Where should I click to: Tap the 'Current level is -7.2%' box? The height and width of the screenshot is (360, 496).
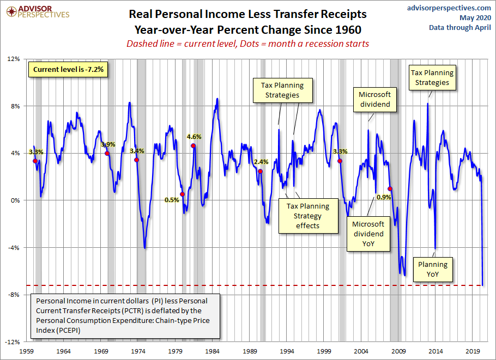pos(68,70)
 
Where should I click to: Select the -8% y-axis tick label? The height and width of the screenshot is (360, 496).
pos(13,295)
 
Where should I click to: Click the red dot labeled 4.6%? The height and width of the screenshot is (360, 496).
pos(193,146)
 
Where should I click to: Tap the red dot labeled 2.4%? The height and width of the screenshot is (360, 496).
pos(260,172)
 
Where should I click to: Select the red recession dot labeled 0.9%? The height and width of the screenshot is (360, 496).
pos(390,188)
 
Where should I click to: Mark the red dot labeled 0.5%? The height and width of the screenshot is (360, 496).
pos(183,194)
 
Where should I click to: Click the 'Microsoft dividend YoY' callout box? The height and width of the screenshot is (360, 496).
pos(368,234)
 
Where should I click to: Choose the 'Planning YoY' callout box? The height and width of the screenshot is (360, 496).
pos(433,270)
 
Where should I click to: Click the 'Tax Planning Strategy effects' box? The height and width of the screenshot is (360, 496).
pos(308,216)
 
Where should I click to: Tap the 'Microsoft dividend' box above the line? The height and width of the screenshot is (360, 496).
pos(374,100)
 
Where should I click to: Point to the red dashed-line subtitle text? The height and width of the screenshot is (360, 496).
pos(247,44)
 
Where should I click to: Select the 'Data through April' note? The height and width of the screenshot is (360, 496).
pos(460,27)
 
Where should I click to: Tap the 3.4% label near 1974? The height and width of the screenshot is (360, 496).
pos(137,151)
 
